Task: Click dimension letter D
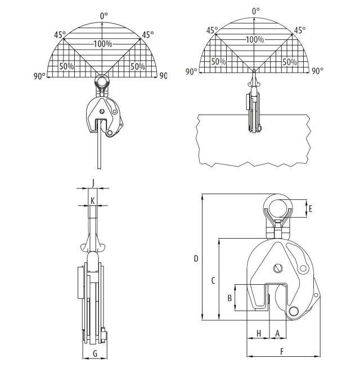click(196, 258)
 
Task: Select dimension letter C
click(213, 281)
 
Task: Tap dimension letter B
click(229, 298)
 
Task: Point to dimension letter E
click(310, 209)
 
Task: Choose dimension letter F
click(282, 351)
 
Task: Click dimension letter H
click(259, 333)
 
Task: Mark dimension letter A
click(277, 333)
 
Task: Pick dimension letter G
click(95, 354)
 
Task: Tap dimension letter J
click(93, 183)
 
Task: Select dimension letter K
click(93, 201)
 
